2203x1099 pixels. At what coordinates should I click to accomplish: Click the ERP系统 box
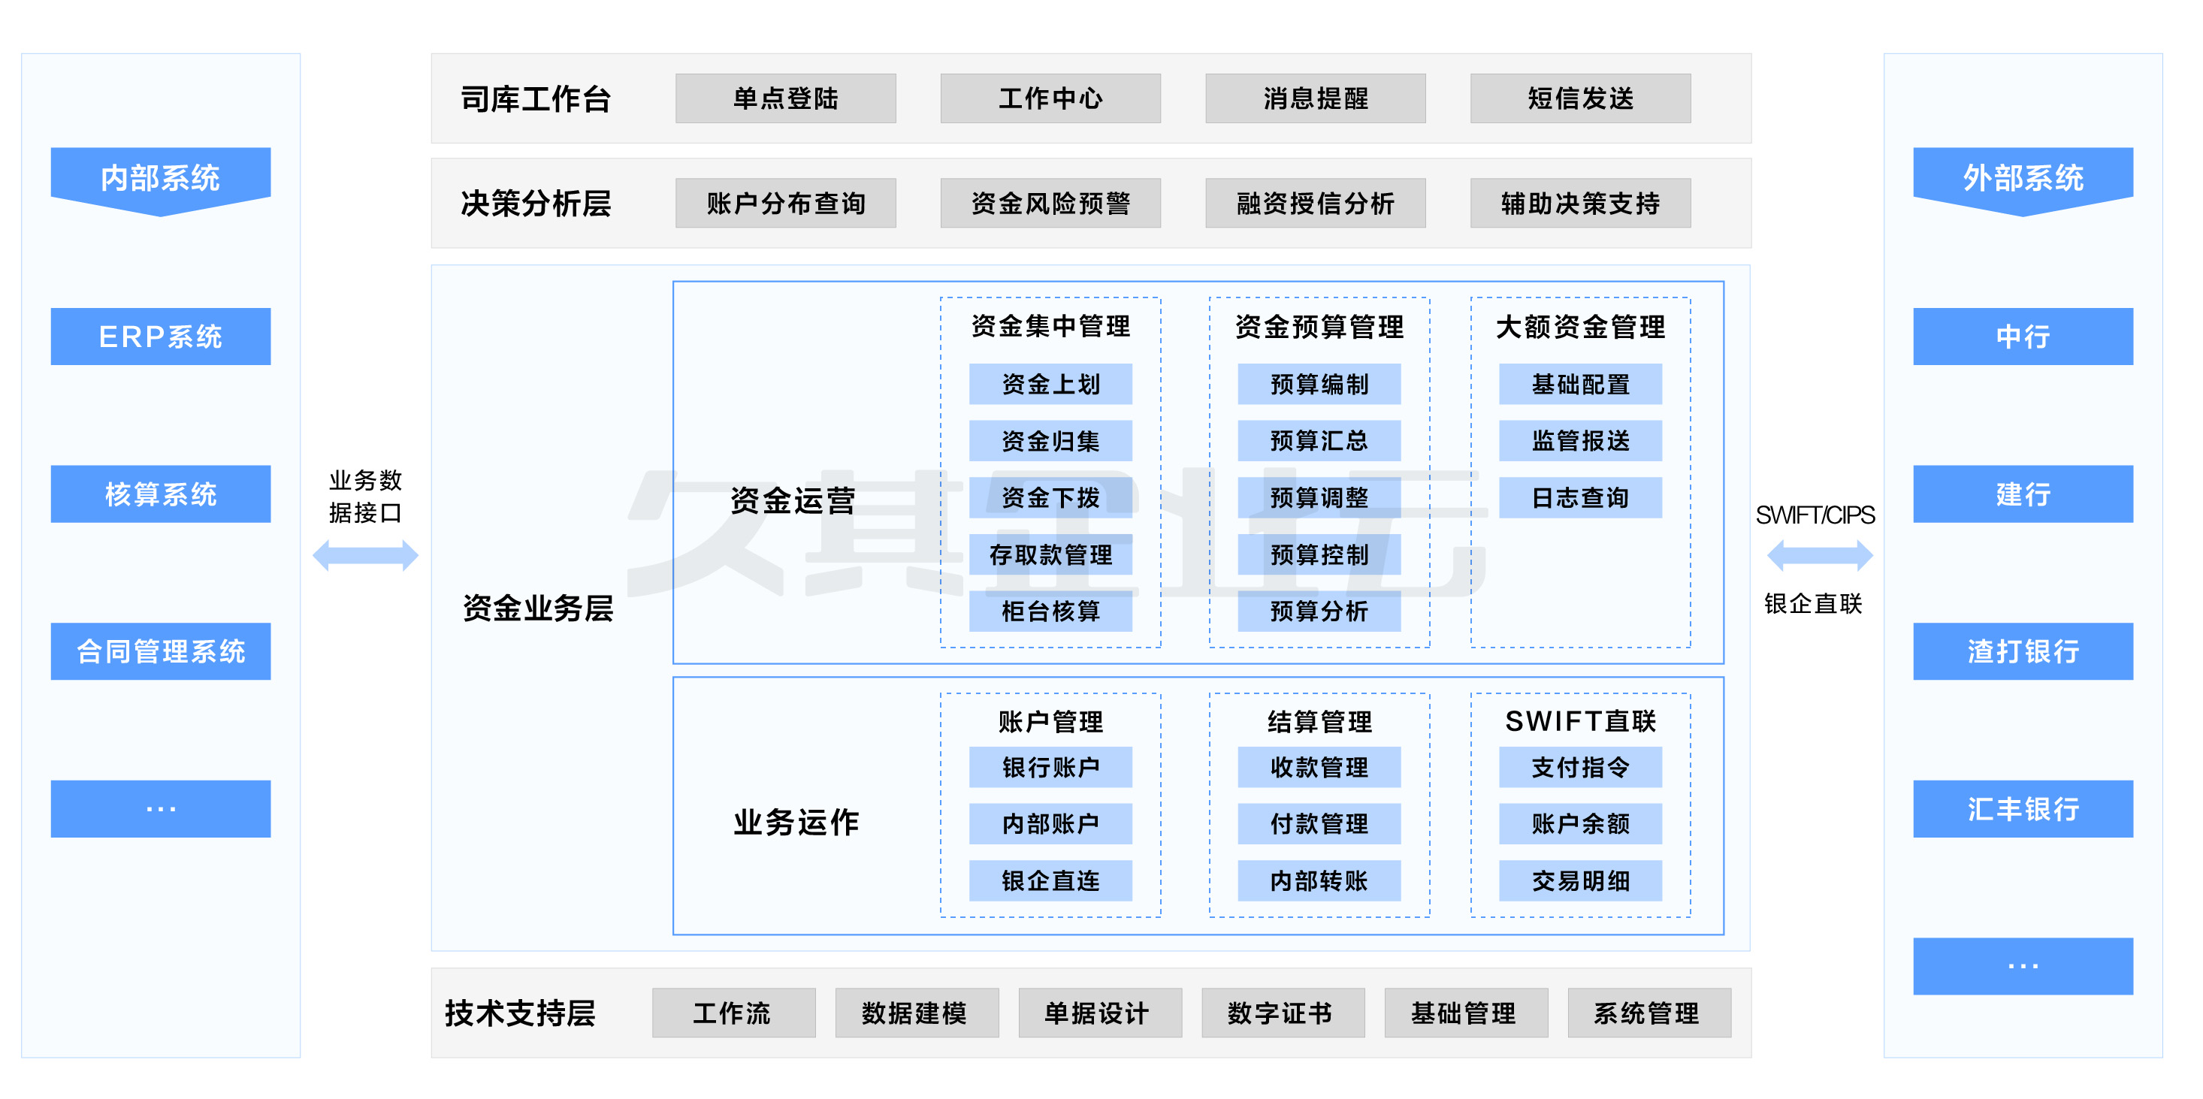point(160,336)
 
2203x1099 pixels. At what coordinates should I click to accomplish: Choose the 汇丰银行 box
point(2023,808)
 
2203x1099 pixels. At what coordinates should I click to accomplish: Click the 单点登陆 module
point(785,98)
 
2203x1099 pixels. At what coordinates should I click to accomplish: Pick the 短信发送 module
point(1579,98)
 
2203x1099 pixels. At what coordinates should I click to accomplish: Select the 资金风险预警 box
point(1050,203)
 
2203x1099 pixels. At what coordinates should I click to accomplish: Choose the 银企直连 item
point(1050,880)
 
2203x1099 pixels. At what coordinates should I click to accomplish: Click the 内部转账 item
point(1319,880)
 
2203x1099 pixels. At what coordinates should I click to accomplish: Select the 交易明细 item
point(1579,880)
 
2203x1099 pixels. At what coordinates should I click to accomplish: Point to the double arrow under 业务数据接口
point(365,555)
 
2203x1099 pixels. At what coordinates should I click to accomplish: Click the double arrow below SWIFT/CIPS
point(1820,555)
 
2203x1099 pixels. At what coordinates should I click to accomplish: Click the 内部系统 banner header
point(160,177)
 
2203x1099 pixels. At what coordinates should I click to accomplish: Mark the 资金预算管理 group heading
point(1319,326)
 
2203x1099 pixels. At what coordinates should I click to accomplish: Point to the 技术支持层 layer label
point(520,1013)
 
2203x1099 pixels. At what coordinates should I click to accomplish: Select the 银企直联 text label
point(1813,604)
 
